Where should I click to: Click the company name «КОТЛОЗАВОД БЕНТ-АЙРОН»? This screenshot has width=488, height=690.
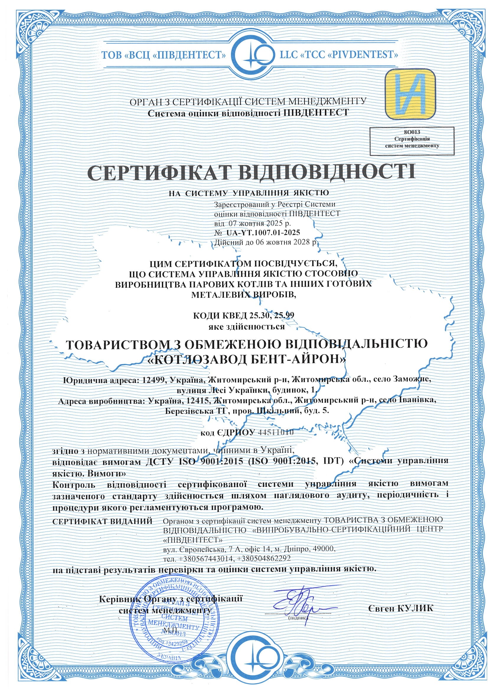pyautogui.click(x=247, y=359)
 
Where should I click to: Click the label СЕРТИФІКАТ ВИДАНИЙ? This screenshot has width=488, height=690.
pyautogui.click(x=102, y=521)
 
